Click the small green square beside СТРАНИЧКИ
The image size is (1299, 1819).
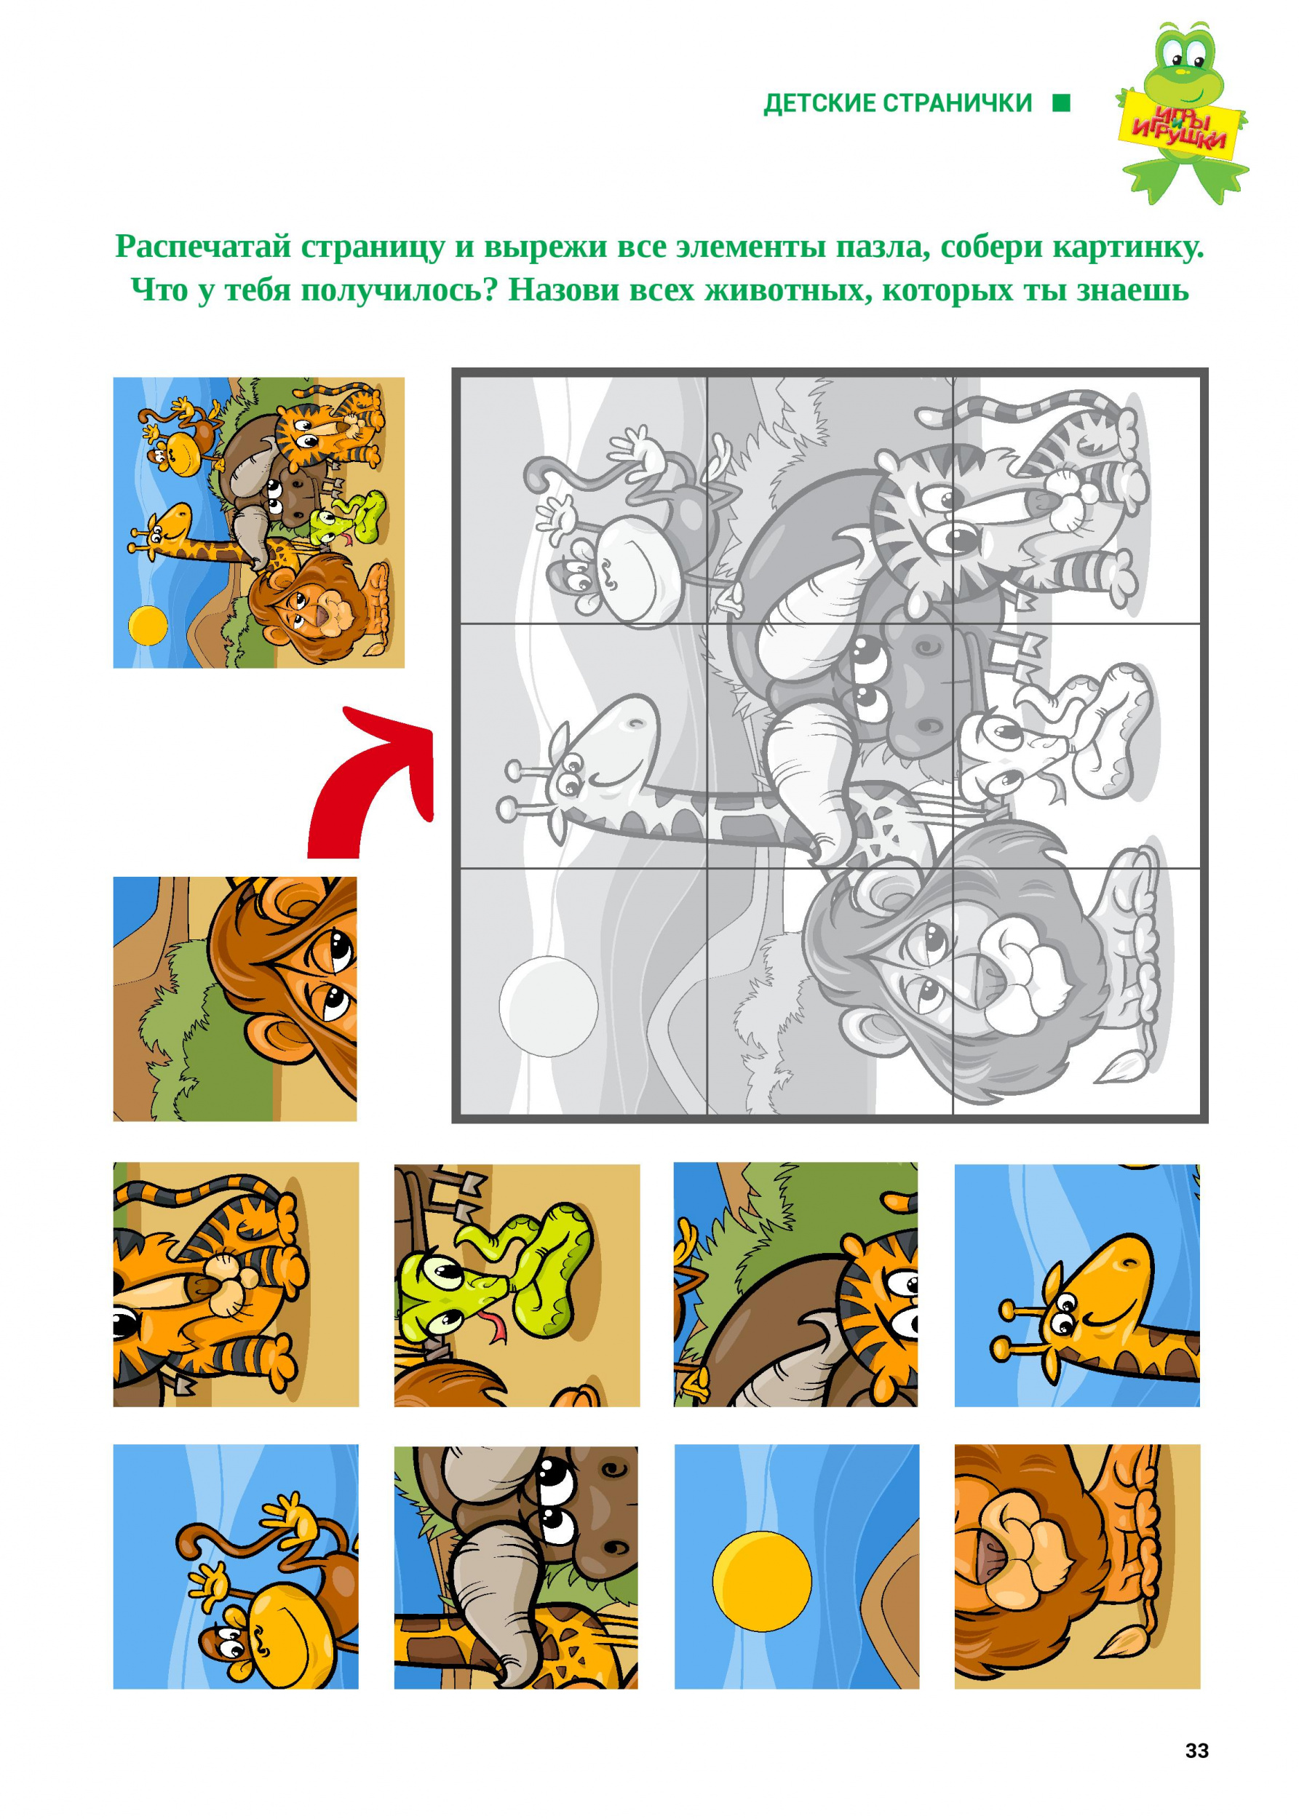tap(1062, 103)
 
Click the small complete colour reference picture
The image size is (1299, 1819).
tap(258, 523)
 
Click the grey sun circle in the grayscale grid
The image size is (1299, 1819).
tap(548, 1006)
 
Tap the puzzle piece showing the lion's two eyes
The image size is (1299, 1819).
tap(235, 999)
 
